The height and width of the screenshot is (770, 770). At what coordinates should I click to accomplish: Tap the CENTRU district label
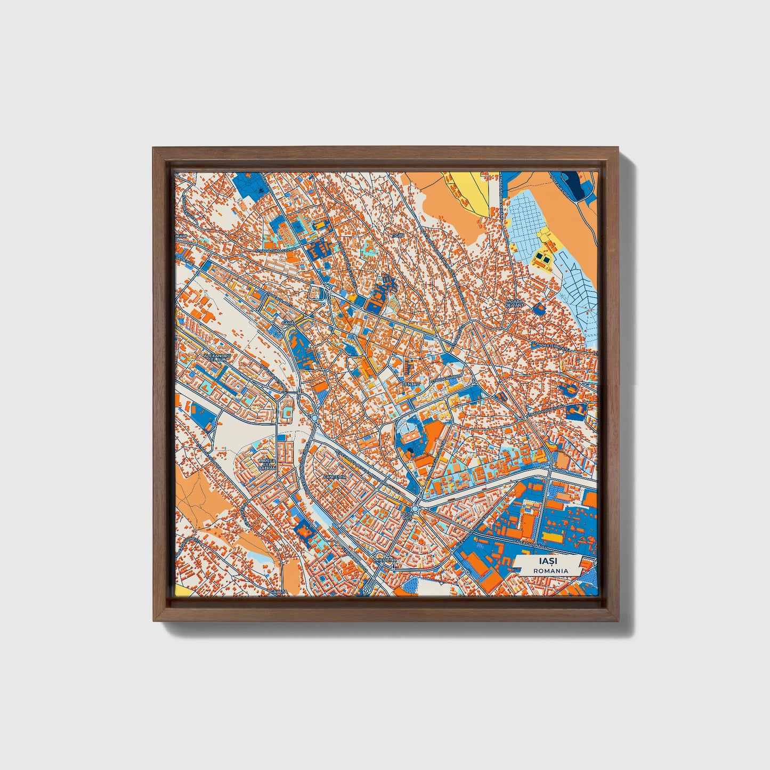point(411,384)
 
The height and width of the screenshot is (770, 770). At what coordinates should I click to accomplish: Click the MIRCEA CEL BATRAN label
point(267,464)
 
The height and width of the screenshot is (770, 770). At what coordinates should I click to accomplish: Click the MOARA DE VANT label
point(515,303)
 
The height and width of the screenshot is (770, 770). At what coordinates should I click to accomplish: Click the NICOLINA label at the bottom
point(386,560)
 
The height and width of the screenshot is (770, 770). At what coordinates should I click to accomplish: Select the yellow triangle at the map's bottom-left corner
point(180,592)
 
